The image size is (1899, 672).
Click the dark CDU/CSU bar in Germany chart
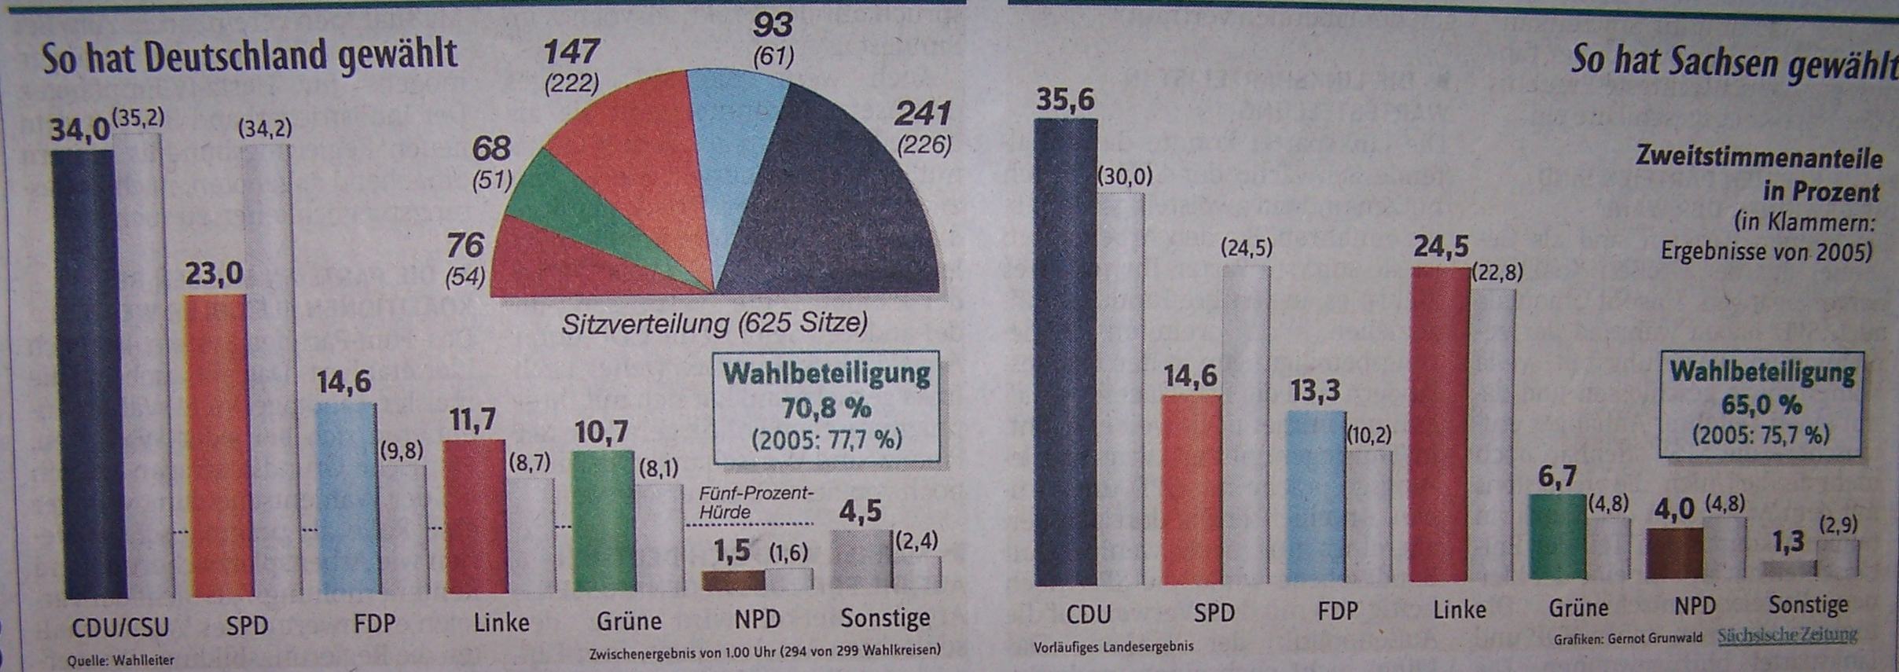(83, 369)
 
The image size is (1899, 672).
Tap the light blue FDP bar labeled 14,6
(344, 495)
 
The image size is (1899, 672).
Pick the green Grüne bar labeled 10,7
(603, 519)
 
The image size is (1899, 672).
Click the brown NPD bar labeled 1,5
(732, 580)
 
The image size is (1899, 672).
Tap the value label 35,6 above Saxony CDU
(1065, 101)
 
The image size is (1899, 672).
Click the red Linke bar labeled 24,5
(1440, 424)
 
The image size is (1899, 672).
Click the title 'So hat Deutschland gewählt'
(249, 57)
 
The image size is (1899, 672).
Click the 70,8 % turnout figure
(826, 408)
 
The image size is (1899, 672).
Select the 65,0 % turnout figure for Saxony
(1761, 405)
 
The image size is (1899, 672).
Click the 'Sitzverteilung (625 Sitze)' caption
(714, 324)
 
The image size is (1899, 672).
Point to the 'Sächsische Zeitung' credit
(1787, 635)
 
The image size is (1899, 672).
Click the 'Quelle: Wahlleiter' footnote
(120, 661)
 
